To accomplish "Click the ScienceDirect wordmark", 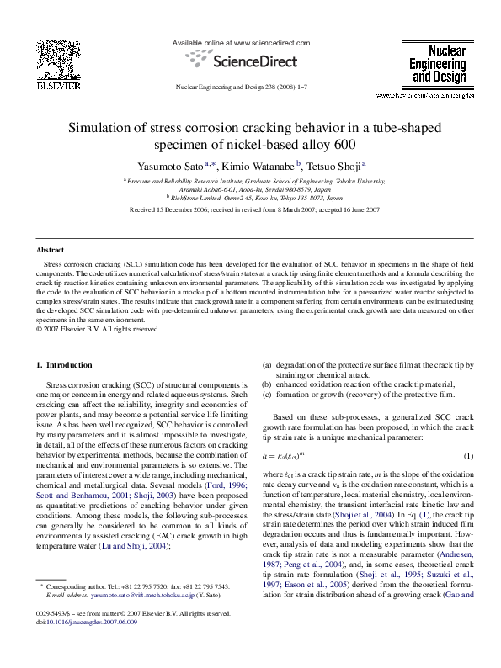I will coord(252,61).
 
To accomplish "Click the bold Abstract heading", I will coord(51,251).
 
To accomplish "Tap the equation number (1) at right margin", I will coord(469,456).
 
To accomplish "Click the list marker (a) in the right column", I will coord(268,364).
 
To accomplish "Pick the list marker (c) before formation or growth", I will coord(268,394).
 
